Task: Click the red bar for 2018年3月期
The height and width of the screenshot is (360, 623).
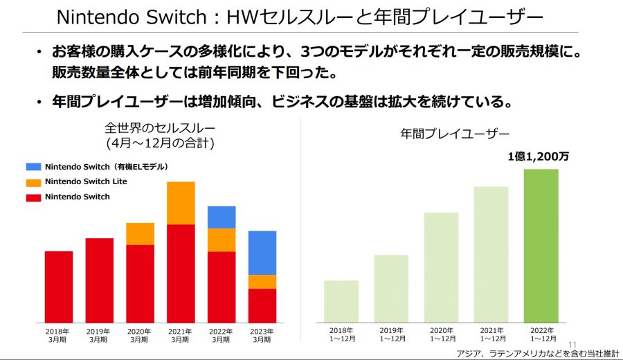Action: [x=59, y=287]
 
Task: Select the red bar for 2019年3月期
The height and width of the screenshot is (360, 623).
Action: [x=99, y=280]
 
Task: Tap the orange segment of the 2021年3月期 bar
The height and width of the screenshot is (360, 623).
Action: [x=181, y=203]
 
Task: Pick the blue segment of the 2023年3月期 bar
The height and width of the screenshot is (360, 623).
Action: [x=262, y=253]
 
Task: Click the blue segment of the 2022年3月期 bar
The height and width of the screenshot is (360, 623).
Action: [x=222, y=217]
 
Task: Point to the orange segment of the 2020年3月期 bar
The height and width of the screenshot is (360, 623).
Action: [x=140, y=233]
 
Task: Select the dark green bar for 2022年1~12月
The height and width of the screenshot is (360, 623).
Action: [x=541, y=246]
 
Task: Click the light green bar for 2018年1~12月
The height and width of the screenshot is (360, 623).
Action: [x=341, y=301]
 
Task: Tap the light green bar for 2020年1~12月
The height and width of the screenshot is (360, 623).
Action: [x=441, y=267]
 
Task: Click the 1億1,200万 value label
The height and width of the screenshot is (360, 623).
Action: [x=539, y=157]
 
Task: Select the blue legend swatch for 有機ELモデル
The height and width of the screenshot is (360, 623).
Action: [x=34, y=167]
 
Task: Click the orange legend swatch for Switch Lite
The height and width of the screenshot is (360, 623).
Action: [x=34, y=182]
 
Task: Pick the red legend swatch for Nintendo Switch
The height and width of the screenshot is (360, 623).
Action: [x=34, y=197]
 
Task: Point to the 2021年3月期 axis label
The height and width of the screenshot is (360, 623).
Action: [x=181, y=336]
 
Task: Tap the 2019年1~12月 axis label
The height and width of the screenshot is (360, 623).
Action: [x=391, y=336]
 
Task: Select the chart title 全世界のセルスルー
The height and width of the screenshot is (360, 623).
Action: [x=160, y=128]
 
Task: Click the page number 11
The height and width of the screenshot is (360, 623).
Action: [x=572, y=345]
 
